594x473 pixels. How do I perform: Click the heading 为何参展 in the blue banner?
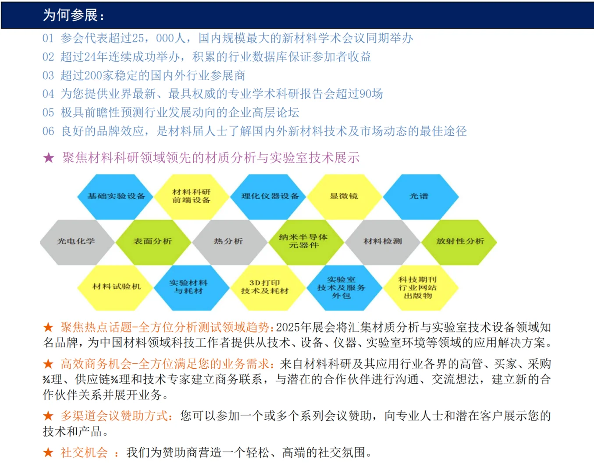tap(74, 15)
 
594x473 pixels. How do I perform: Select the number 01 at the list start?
tap(48, 39)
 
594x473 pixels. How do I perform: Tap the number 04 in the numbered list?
tap(48, 94)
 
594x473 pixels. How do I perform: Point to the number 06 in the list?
tap(48, 131)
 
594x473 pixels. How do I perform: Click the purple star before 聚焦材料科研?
tap(49, 158)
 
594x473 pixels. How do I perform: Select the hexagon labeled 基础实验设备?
tap(116, 196)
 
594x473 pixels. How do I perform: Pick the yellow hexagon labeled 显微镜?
tap(344, 196)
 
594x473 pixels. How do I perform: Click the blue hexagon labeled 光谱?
tap(420, 196)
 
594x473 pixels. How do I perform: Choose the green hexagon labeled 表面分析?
tap(153, 241)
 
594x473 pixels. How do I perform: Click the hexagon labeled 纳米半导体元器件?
tap(304, 241)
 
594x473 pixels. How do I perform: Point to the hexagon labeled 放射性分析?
tap(459, 241)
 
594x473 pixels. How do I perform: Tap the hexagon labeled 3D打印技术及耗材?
tap(265, 287)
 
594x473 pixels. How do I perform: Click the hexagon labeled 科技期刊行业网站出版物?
tap(418, 287)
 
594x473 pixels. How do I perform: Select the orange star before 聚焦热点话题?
tap(48, 327)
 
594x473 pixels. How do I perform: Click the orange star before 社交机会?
tap(48, 452)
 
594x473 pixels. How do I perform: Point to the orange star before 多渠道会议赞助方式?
tap(48, 416)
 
